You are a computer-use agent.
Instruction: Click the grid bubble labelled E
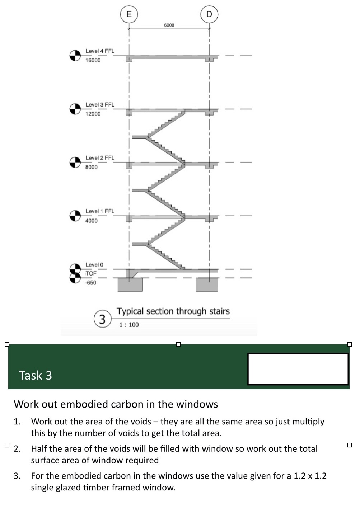(x=129, y=14)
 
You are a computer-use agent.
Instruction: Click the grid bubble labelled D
(x=209, y=14)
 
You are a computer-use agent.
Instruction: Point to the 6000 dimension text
(x=169, y=25)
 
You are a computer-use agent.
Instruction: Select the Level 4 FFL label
(x=100, y=51)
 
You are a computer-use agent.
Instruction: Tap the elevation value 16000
(x=93, y=60)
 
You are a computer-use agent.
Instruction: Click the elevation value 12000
(x=93, y=114)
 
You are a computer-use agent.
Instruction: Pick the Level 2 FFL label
(x=100, y=158)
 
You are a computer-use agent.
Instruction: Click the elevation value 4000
(x=91, y=221)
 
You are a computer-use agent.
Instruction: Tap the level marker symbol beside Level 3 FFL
(x=75, y=109)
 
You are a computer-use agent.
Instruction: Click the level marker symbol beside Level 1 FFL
(x=75, y=216)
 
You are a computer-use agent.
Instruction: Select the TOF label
(x=91, y=273)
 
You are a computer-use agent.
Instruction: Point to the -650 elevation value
(x=91, y=283)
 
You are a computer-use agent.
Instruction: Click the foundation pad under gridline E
(x=130, y=284)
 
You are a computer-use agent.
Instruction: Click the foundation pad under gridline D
(x=207, y=284)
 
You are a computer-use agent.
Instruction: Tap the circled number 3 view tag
(x=102, y=319)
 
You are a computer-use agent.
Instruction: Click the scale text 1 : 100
(x=129, y=325)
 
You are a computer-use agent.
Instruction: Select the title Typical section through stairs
(x=173, y=311)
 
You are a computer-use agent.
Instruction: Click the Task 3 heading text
(x=35, y=375)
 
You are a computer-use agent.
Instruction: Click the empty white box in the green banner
(x=298, y=369)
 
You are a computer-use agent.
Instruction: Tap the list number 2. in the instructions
(x=17, y=449)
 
